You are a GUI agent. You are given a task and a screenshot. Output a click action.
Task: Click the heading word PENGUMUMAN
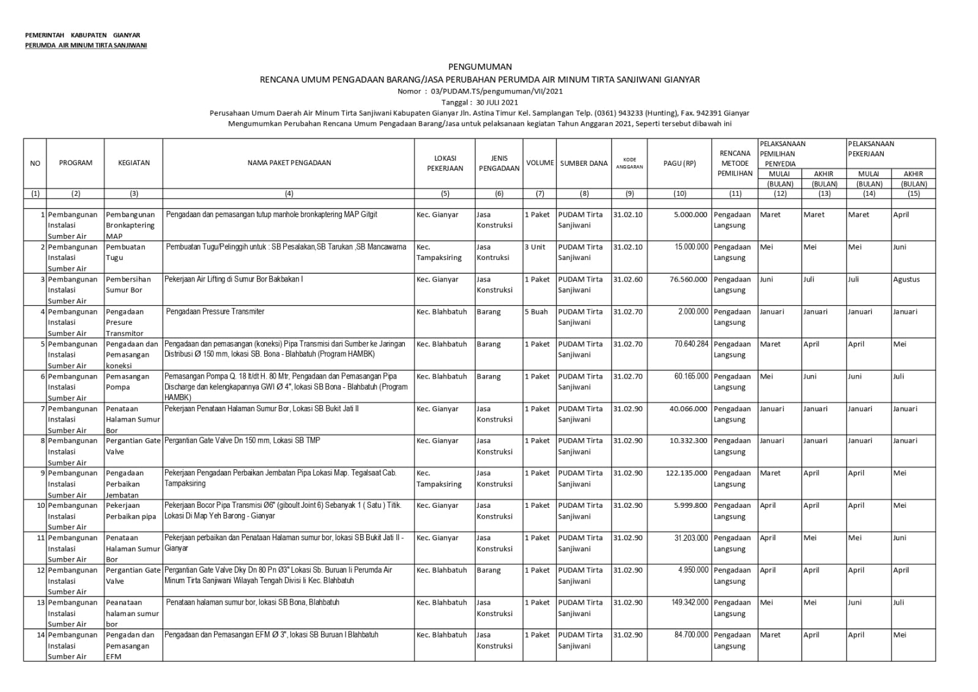point(480,67)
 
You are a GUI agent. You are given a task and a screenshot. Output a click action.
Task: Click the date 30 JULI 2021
point(497,102)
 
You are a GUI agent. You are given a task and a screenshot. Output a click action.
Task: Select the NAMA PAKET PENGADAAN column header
point(289,163)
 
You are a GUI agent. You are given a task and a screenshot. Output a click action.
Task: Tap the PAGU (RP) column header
point(679,163)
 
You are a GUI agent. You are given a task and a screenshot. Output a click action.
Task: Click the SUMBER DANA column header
point(583,163)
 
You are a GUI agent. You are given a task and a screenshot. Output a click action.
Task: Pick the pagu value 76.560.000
point(688,280)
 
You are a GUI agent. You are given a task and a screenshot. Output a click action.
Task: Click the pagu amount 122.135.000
point(686,473)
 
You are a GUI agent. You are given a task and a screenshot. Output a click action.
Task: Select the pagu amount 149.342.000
point(689,603)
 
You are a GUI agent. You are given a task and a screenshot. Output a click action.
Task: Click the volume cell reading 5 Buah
point(536,312)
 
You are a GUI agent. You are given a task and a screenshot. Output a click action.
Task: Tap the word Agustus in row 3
point(906,280)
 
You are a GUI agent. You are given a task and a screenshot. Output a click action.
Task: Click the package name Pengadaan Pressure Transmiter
point(215,312)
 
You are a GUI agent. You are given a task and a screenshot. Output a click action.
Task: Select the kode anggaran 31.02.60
point(628,280)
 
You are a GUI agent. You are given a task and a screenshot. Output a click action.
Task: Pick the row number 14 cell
point(40,635)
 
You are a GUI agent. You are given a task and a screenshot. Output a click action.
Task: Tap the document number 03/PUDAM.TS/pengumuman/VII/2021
point(497,91)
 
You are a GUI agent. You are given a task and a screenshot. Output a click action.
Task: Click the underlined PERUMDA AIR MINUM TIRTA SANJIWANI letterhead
point(86,45)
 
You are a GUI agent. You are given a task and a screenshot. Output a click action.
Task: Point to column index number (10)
point(679,193)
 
